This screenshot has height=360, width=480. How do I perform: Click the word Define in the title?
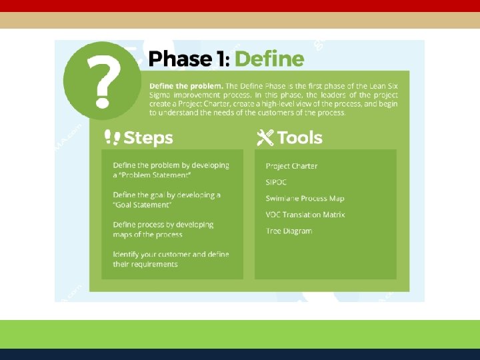pos(269,59)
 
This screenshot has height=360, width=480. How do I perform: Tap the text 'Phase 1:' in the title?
pos(189,59)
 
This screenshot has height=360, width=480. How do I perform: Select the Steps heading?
pos(148,138)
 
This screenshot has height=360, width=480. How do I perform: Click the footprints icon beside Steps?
pos(112,138)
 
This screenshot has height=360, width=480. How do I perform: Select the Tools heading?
pos(299,138)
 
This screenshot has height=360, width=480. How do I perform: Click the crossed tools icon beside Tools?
pos(265,138)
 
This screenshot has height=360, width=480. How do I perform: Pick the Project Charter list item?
pos(291,166)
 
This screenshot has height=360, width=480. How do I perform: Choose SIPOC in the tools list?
pos(277,182)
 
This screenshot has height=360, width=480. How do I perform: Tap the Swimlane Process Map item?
pos(305,199)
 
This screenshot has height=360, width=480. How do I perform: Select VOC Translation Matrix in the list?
pos(305,215)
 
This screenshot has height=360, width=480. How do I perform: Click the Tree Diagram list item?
pos(289,231)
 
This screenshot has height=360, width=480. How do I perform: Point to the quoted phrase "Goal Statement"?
pos(142,205)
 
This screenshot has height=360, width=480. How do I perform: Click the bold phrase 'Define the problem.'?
pos(186,86)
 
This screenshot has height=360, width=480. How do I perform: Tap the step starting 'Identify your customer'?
pos(171,255)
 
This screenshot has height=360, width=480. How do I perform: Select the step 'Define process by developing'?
pos(163,225)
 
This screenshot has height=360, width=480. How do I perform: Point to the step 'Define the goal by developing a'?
pos(167,195)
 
